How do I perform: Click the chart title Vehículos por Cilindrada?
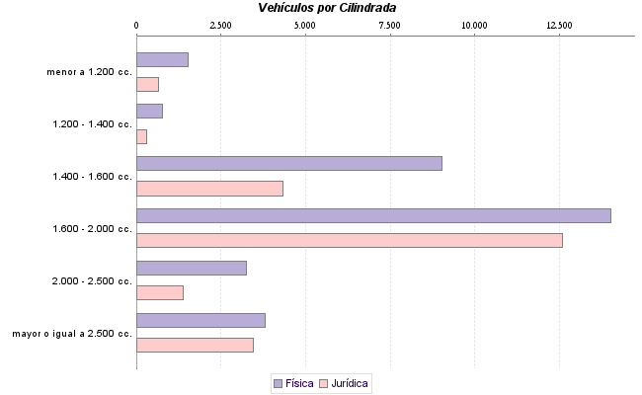pyautogui.click(x=327, y=8)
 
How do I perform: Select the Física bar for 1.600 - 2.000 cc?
pyautogui.click(x=373, y=215)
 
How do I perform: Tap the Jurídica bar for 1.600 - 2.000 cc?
pyautogui.click(x=349, y=240)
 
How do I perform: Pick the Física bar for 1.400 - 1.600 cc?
pyautogui.click(x=288, y=164)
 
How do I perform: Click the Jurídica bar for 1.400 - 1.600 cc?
pyautogui.click(x=209, y=189)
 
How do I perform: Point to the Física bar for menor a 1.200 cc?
pyautogui.click(x=162, y=59)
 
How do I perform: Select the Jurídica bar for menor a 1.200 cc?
pyautogui.click(x=147, y=84)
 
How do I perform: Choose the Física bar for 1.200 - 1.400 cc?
pyautogui.click(x=149, y=112)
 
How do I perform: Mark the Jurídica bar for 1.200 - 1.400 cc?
pyautogui.click(x=141, y=136)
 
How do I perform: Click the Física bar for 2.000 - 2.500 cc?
pyautogui.click(x=191, y=268)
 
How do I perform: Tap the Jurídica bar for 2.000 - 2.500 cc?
pyautogui.click(x=160, y=292)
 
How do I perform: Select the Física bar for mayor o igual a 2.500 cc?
pyautogui.click(x=201, y=320)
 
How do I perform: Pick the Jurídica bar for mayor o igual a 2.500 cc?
pyautogui.click(x=195, y=345)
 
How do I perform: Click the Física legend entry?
pyautogui.click(x=293, y=382)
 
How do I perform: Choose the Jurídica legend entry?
pyautogui.click(x=345, y=382)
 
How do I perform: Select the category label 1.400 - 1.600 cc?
pyautogui.click(x=92, y=177)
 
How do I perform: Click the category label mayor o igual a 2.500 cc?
pyautogui.click(x=72, y=333)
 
